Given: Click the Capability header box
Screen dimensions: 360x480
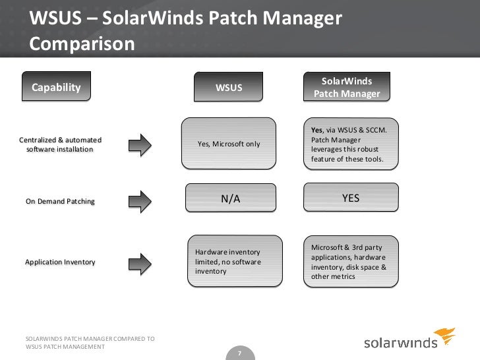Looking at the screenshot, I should (x=55, y=88).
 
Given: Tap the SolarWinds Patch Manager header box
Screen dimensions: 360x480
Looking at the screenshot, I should (x=347, y=88).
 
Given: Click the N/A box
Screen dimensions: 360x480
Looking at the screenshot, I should (x=230, y=198).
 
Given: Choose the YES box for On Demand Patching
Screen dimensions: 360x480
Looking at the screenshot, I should (x=351, y=198).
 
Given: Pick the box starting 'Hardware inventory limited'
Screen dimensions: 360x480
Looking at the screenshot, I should (x=229, y=262).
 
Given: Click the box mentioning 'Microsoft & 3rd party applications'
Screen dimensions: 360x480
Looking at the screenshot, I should (x=351, y=262).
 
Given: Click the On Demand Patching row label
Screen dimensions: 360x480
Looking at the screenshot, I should (x=60, y=201).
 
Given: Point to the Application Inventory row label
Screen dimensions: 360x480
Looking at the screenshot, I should (x=60, y=262).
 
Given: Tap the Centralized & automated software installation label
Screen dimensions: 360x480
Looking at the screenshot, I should (x=60, y=145).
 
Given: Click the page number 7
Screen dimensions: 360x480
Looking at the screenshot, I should (x=239, y=353).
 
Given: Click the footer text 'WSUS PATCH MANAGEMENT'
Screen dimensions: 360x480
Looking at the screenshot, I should (x=65, y=347).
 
